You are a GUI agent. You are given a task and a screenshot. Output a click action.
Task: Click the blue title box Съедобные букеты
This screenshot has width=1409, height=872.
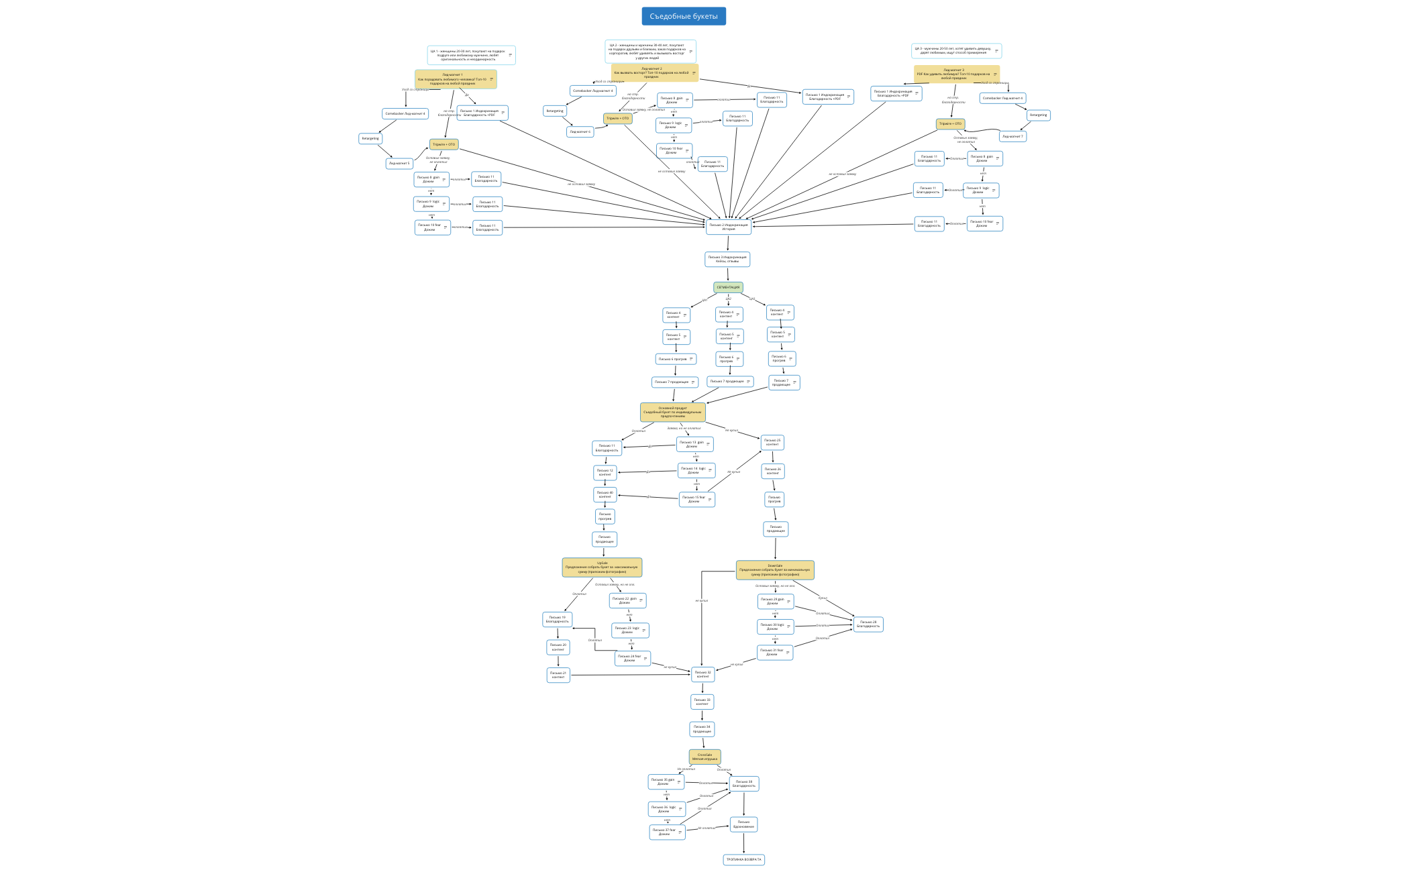[x=683, y=16]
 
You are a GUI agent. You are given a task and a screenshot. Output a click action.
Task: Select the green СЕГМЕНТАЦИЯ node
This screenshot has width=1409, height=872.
[x=728, y=287]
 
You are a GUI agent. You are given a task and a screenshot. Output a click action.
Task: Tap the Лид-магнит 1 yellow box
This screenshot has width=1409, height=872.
[x=456, y=79]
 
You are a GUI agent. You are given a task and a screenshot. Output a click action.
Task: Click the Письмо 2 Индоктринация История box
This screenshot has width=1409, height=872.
[x=729, y=227]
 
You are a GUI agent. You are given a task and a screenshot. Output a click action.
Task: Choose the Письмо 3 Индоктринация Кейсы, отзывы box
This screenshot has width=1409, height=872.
[x=727, y=259]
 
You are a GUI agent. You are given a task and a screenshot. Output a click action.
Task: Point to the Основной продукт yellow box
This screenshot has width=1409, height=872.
[x=672, y=412]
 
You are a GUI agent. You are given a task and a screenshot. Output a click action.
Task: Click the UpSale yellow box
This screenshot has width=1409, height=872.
[x=602, y=567]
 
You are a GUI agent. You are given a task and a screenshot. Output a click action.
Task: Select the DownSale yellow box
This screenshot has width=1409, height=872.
[x=775, y=570]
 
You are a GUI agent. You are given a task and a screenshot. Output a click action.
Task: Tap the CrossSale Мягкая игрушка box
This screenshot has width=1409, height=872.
[x=704, y=757]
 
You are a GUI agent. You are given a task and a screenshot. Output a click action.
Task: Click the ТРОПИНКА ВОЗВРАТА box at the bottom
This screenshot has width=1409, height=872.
[x=743, y=859]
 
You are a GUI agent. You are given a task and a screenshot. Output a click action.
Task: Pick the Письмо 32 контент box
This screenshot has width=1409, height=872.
[x=702, y=674]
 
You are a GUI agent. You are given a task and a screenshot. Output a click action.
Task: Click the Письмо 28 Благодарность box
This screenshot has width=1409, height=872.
[x=868, y=624]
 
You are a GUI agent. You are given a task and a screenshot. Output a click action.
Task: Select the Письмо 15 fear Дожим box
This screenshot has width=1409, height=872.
[x=696, y=499]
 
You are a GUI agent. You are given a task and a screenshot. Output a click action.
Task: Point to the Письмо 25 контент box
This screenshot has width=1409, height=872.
[x=772, y=442]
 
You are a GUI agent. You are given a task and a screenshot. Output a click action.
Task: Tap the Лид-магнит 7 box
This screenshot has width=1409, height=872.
[x=1012, y=136]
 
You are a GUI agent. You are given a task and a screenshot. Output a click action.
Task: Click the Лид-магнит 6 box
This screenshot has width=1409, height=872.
[x=580, y=132]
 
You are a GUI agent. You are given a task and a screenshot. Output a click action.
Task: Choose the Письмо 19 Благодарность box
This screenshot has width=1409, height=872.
[x=557, y=619]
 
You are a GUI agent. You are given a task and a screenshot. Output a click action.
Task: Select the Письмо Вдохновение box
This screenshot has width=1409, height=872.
[x=743, y=824]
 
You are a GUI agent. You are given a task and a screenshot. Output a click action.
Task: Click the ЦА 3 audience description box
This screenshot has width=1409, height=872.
[x=956, y=50]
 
